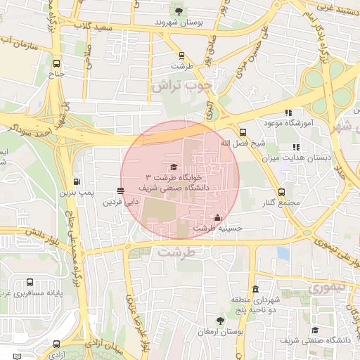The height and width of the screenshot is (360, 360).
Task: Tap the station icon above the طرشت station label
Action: pos(181,55)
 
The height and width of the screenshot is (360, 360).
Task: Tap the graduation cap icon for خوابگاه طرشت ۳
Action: pos(174,166)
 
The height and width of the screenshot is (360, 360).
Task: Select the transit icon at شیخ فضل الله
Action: pos(243,131)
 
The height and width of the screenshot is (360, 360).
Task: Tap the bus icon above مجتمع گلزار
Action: pos(281,191)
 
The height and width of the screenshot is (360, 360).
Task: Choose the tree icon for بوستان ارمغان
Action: pos(220,320)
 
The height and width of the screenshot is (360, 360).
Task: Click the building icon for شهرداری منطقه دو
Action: pos(255,290)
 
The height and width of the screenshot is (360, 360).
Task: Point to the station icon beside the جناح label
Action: pos(56,61)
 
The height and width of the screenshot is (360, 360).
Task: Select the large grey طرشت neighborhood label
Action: pos(176,251)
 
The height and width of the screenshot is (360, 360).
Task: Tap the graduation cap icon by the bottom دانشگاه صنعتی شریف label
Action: pos(315,330)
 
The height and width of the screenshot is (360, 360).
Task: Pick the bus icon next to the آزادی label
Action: pos(56,345)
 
